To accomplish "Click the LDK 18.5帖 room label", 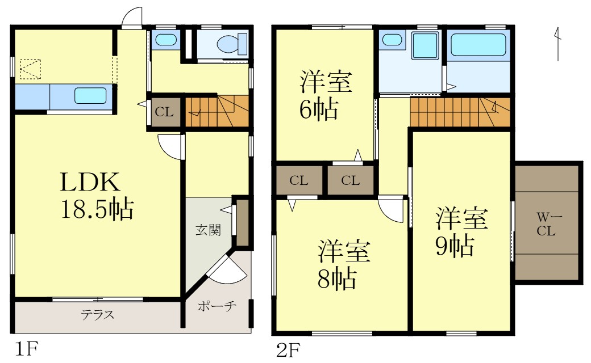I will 97,196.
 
